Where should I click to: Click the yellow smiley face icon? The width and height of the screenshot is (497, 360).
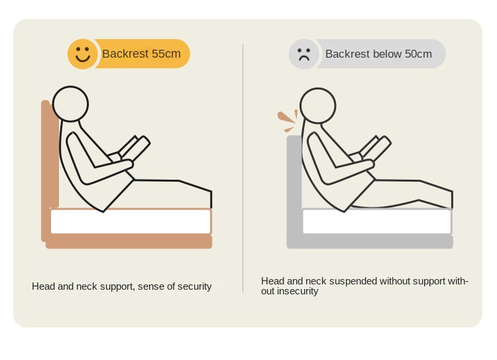click(82, 54)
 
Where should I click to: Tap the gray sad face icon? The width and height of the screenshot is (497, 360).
click(304, 54)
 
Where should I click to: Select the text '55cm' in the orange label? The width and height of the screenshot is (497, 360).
click(166, 54)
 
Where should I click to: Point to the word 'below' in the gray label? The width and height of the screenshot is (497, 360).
click(378, 54)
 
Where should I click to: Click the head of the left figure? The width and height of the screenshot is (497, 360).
click(70, 103)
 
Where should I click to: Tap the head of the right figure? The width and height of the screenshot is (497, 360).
click(317, 105)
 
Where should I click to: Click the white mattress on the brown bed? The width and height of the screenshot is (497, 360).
click(131, 221)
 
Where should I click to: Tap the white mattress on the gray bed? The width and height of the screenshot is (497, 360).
click(377, 221)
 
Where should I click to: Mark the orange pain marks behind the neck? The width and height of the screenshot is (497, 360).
click(288, 121)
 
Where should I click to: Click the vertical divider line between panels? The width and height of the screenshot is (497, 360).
click(243, 168)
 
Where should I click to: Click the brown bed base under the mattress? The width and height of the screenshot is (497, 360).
click(129, 241)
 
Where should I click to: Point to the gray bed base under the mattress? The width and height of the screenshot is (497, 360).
click(370, 241)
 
